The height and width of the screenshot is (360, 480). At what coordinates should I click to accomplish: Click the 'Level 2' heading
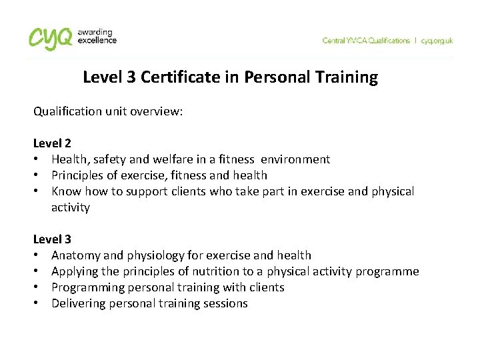52,143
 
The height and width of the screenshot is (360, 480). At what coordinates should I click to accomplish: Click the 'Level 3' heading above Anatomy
52,239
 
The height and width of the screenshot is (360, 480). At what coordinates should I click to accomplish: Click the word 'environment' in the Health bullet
295,159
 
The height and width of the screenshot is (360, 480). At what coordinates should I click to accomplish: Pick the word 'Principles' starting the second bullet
79,175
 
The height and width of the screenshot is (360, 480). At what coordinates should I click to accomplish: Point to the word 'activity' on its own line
70,207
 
